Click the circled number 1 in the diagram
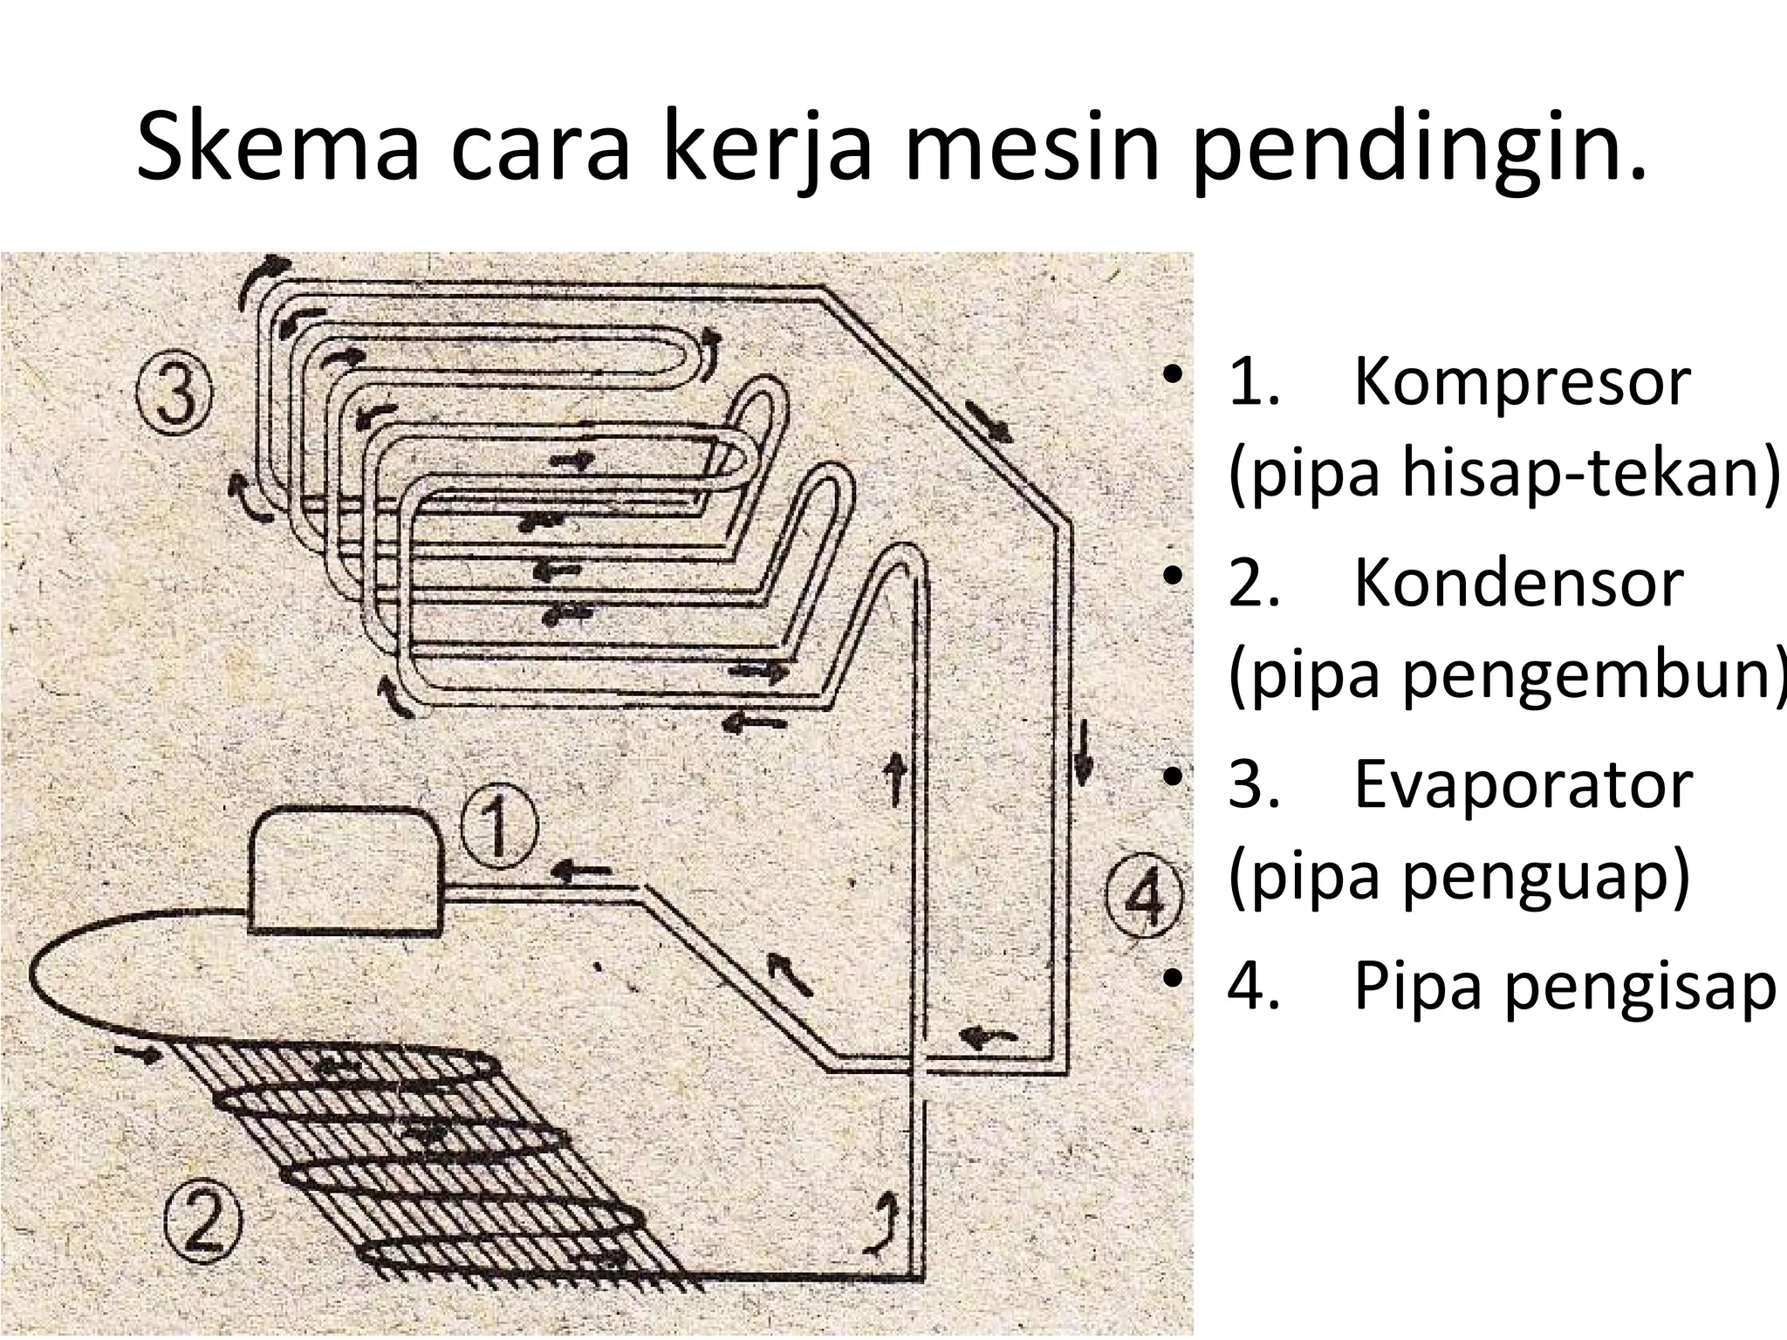pyautogui.click(x=498, y=830)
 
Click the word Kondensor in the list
pyautogui.click(x=1517, y=582)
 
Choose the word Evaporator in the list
pyautogui.click(x=1523, y=784)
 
